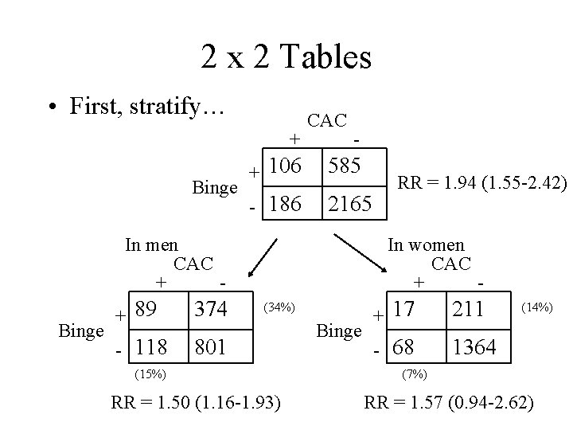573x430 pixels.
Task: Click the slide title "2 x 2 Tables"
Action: [x=286, y=57]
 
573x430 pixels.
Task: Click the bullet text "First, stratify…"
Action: [x=145, y=105]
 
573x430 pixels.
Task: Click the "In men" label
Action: [x=151, y=244]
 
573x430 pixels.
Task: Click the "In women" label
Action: [x=426, y=245]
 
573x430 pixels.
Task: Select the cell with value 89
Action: [x=146, y=309]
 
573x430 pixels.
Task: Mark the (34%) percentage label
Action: [x=280, y=307]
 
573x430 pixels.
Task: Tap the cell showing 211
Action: [x=469, y=309]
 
